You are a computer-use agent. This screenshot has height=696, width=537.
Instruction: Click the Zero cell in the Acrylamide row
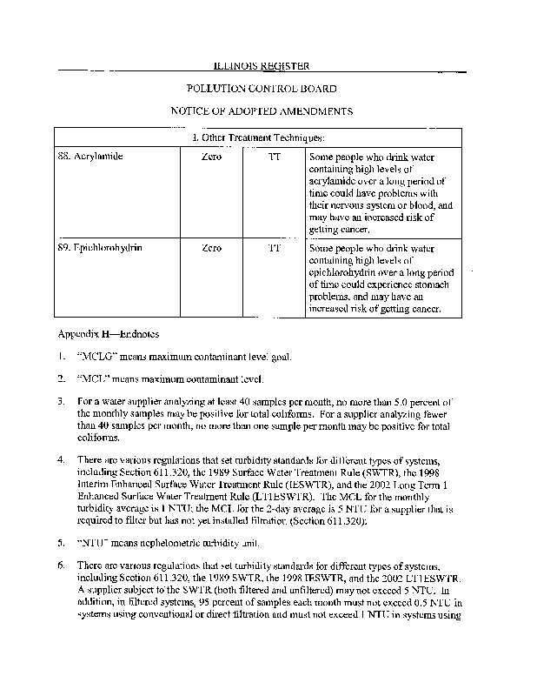coord(211,157)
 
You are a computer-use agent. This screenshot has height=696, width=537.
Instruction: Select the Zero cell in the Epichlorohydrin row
coord(211,248)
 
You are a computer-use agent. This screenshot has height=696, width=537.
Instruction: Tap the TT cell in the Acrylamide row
coord(275,157)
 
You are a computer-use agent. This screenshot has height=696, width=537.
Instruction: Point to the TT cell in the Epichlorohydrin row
coord(275,248)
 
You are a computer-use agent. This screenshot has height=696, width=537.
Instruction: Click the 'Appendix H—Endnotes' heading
coord(103,333)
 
